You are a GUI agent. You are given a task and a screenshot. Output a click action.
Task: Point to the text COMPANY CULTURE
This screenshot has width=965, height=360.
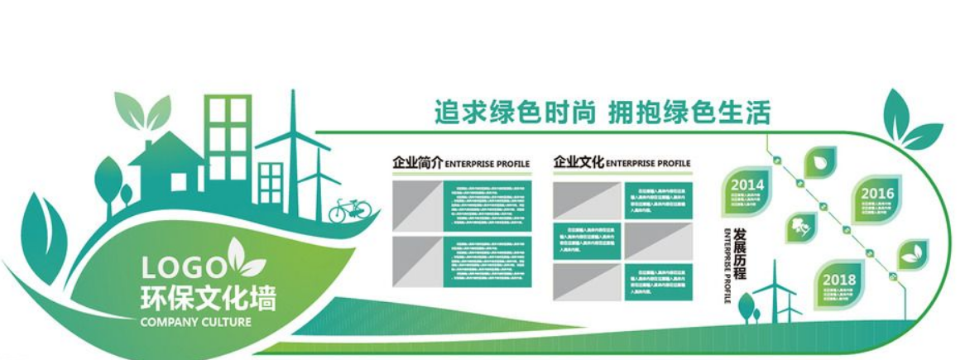(196, 321)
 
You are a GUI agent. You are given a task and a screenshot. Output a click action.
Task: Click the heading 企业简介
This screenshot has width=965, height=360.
(418, 162)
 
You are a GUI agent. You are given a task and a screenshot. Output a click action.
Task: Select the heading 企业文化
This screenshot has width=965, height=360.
(579, 162)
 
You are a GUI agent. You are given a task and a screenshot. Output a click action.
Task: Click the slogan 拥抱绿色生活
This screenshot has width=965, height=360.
(689, 112)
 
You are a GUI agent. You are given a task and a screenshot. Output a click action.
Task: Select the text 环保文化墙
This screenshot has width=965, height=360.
(208, 296)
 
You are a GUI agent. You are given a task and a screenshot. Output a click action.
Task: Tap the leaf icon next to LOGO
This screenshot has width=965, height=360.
(245, 258)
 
